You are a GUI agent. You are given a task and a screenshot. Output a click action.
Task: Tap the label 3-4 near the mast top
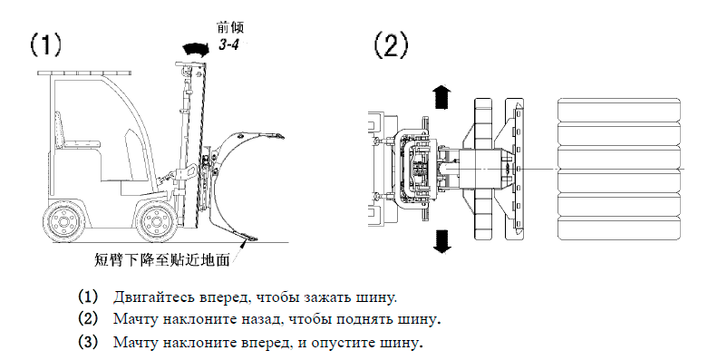point(228,44)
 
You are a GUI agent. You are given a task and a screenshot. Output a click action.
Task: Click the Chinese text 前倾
point(230,28)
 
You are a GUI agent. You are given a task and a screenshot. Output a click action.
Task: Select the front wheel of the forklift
point(156,222)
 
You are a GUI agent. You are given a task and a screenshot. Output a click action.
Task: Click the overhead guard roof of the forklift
point(85,73)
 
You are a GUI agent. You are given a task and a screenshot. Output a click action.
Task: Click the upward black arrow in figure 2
point(441,97)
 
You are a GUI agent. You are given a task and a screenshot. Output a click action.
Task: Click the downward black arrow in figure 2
point(441,240)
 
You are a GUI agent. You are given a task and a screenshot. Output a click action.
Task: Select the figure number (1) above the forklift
point(45,45)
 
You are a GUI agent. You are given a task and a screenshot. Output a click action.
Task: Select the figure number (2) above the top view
point(391,45)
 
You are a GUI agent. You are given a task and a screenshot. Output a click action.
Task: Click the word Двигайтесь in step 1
point(146,297)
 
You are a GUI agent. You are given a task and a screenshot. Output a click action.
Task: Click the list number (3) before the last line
point(88,342)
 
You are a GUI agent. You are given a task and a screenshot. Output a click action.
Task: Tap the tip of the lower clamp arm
point(254,239)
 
